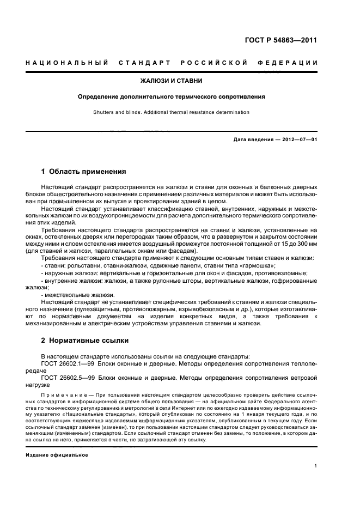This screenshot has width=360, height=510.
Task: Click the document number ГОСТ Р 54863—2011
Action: (279, 40)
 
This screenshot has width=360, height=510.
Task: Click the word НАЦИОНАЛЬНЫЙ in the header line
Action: (65, 63)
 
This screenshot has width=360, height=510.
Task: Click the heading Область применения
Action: (83, 171)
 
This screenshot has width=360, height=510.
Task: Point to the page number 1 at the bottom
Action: (316, 466)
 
